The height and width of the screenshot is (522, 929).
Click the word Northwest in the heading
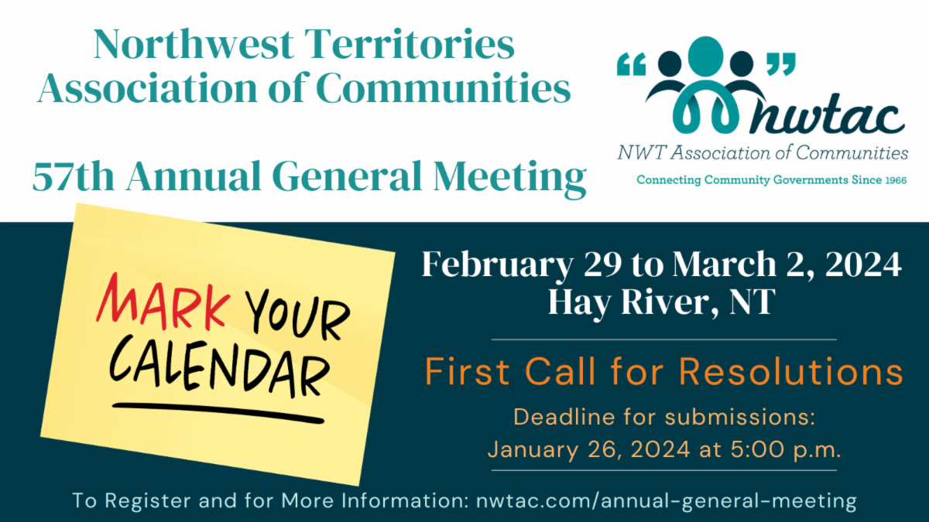pos(194,44)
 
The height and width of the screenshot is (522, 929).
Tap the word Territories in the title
pos(410,44)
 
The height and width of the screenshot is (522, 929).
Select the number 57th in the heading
pos(74,176)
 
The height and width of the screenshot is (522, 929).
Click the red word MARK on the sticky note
pos(163,302)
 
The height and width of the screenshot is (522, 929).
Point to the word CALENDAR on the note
pos(219,367)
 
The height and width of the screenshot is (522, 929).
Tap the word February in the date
pos(498,265)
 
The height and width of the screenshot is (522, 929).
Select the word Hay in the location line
pos(580,303)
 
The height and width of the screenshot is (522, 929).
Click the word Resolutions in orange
pos(791,371)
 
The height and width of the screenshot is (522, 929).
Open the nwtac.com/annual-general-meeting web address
pos(667,500)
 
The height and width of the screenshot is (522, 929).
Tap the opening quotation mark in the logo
pos(631,64)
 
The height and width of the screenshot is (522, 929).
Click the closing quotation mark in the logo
pos(781,64)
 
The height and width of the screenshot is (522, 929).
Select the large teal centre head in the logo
pos(706,56)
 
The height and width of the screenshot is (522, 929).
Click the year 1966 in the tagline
pos(896,181)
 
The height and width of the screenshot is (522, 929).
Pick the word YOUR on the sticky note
pos(297,315)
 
